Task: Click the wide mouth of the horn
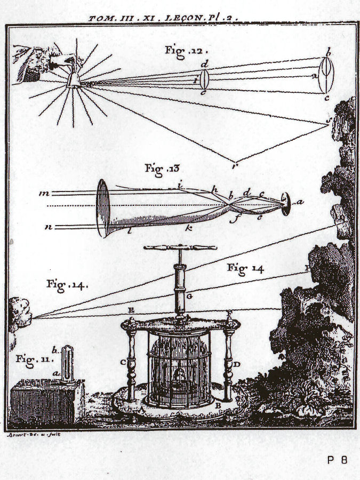[x=102, y=208]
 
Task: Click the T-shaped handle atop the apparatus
[x=181, y=248]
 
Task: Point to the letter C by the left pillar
[x=123, y=363]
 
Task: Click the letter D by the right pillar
[x=236, y=364]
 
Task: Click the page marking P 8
[x=337, y=459]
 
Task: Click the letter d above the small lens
[x=204, y=65]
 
